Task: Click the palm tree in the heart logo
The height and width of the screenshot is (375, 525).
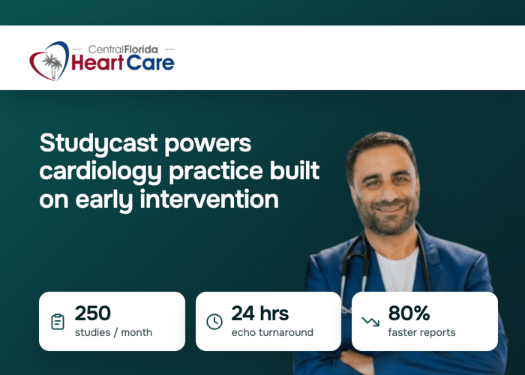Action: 52,65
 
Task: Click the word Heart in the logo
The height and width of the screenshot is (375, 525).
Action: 97,62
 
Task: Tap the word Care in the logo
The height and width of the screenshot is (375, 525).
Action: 150,62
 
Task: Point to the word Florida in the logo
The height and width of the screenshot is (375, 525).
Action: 141,49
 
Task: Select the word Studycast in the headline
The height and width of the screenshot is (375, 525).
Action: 98,144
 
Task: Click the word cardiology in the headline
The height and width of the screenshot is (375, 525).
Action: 100,172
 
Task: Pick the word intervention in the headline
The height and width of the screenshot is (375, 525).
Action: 209,199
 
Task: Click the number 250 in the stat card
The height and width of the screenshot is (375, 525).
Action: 93,313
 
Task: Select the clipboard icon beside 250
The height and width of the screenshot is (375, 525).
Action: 58,322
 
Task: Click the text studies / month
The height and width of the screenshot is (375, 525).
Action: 113,332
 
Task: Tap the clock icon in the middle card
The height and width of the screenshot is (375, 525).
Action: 214,322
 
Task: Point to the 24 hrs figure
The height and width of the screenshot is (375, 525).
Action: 259,313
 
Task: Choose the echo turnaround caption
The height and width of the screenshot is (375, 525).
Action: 272,332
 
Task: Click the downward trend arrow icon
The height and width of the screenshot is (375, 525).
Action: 370,322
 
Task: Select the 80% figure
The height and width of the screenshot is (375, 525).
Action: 409,313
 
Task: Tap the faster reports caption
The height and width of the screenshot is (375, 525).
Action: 421,332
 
